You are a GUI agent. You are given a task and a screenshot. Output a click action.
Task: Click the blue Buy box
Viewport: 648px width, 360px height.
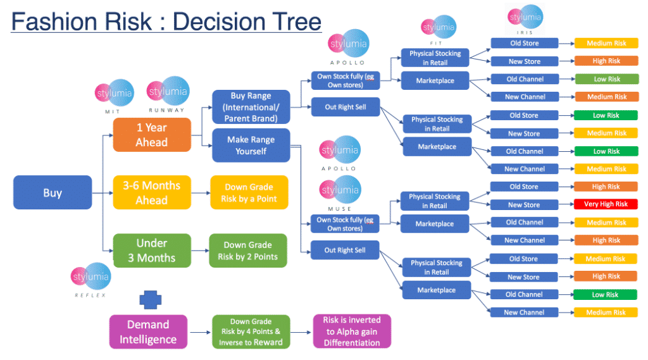(x=52, y=193)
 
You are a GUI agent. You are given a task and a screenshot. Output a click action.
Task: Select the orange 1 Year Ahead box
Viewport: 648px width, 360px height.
(x=152, y=135)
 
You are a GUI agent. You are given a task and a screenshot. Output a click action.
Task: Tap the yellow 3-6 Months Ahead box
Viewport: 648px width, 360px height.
(x=152, y=193)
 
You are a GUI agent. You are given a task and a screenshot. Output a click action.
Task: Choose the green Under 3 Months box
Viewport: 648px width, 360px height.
(x=152, y=251)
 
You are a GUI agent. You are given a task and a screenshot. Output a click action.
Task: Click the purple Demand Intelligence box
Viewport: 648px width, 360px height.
(x=148, y=332)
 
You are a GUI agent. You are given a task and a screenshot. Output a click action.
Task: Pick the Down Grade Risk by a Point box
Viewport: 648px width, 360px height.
(x=249, y=193)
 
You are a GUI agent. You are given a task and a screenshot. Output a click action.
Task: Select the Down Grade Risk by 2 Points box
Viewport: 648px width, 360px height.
(x=249, y=251)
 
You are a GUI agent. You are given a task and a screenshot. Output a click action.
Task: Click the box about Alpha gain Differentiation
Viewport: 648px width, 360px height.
(x=352, y=332)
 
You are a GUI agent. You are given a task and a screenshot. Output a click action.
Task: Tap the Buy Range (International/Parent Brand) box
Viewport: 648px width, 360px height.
(x=251, y=107)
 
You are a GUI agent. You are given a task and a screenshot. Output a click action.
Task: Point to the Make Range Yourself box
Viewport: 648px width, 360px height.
(x=251, y=146)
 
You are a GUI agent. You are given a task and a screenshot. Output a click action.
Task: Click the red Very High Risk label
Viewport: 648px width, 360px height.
(x=606, y=204)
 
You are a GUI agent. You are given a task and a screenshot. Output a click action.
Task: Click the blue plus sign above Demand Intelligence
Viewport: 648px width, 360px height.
(x=149, y=300)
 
